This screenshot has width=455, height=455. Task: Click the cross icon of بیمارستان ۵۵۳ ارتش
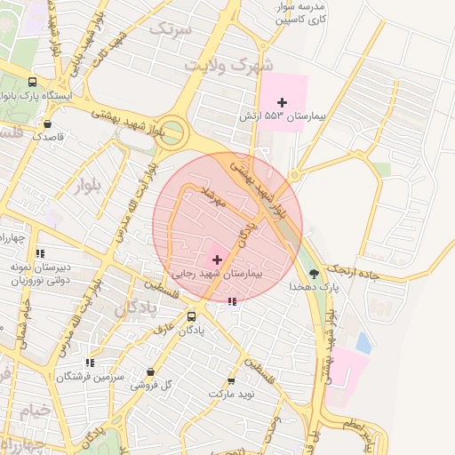click(283, 103)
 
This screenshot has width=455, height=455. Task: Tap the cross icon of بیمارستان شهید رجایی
click(218, 259)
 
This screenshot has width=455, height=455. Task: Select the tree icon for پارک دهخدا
click(313, 273)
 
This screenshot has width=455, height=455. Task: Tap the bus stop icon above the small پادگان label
click(192, 315)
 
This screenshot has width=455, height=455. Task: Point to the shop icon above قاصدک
click(46, 124)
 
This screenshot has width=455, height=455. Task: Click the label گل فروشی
click(150, 385)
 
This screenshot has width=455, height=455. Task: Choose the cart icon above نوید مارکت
click(232, 380)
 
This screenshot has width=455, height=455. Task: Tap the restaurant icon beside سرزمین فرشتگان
click(90, 363)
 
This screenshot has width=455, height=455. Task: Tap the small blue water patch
click(363, 341)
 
